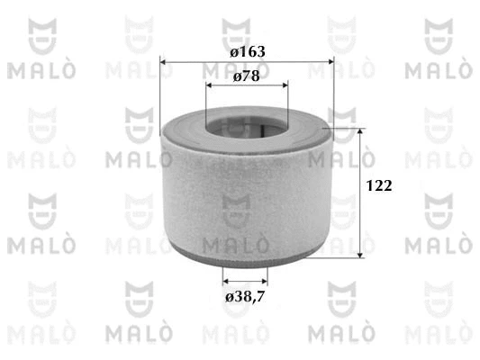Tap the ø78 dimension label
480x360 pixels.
pyautogui.click(x=247, y=76)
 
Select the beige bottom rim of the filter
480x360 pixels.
pyautogui.click(x=245, y=258)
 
